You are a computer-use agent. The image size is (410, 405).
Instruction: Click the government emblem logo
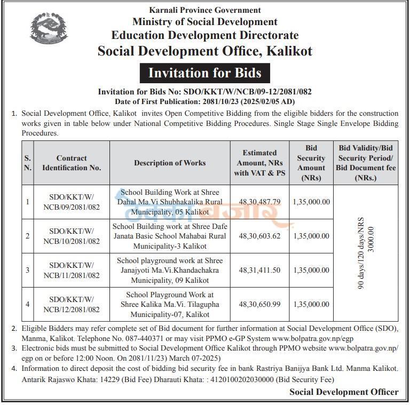49,30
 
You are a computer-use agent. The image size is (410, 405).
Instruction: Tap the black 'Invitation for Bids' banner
205,72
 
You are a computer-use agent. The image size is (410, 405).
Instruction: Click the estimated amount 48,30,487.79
259,202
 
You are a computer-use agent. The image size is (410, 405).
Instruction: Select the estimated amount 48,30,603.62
259,236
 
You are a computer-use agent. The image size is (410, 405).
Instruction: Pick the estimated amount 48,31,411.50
259,270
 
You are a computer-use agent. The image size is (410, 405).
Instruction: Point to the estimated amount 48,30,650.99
259,304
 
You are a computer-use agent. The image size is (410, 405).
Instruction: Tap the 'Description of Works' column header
170,163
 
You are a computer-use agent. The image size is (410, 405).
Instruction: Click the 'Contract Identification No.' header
72,163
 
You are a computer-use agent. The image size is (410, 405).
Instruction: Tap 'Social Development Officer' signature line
344,392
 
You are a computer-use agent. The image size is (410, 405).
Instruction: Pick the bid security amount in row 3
311,270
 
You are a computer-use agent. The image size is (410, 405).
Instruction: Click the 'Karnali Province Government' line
205,10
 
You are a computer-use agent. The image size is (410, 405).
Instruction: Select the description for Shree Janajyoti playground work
170,270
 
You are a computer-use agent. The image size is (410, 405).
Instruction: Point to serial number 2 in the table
28,236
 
